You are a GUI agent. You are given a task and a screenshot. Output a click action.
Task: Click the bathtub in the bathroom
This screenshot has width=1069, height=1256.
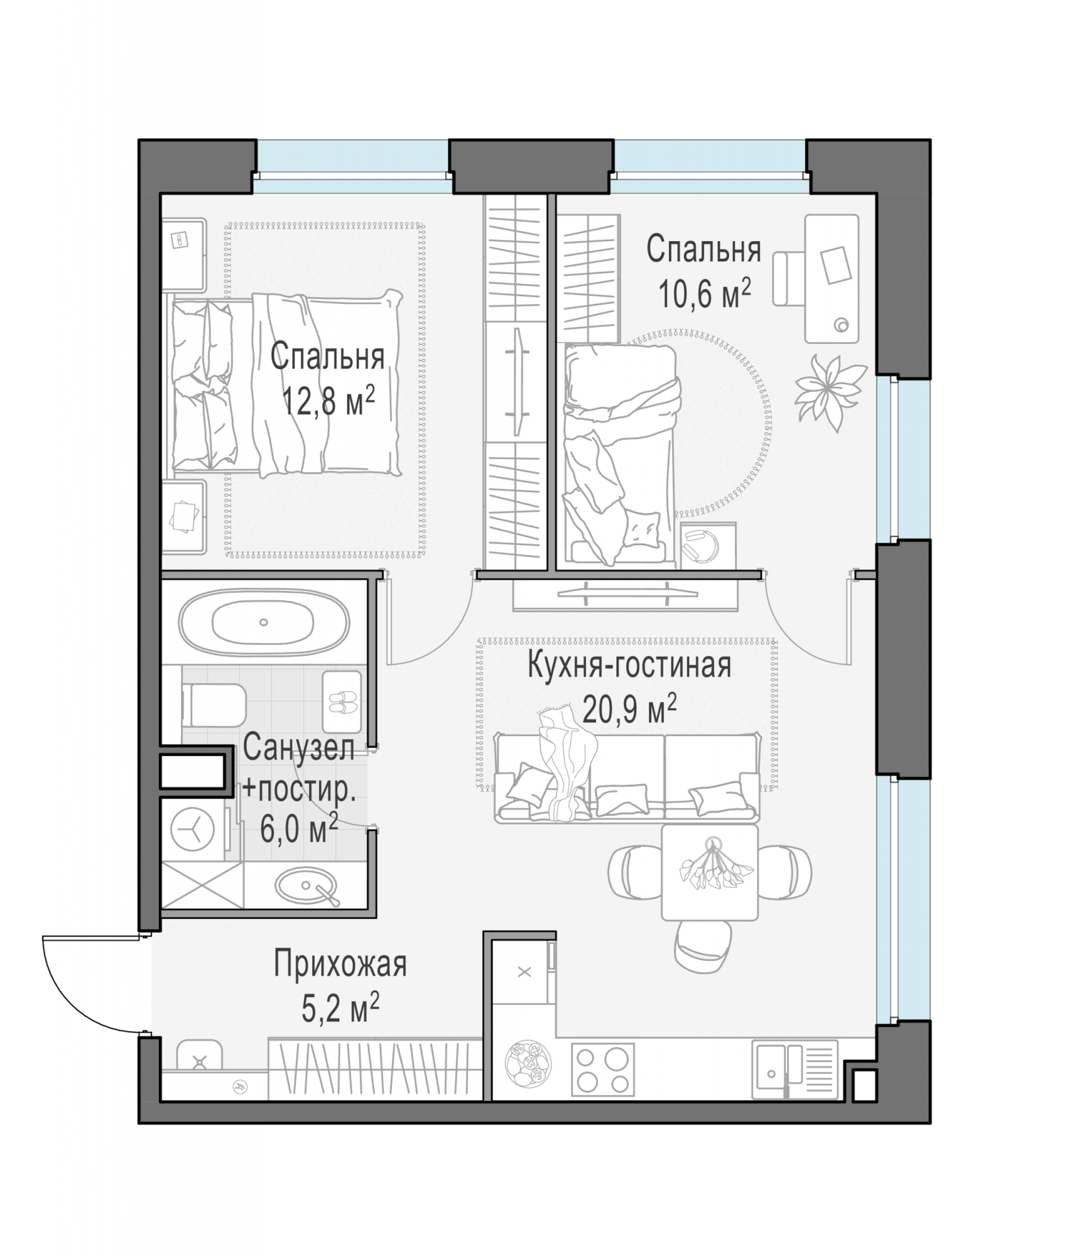[263, 622]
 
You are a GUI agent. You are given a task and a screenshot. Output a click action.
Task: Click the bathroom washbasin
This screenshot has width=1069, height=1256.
[305, 884]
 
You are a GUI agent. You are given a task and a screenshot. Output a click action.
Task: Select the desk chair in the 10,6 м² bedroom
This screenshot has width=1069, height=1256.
[789, 279]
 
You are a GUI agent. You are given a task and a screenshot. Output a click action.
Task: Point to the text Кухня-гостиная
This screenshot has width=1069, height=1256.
[629, 666]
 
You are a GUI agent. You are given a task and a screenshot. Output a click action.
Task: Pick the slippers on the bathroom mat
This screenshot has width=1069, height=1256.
[342, 701]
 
